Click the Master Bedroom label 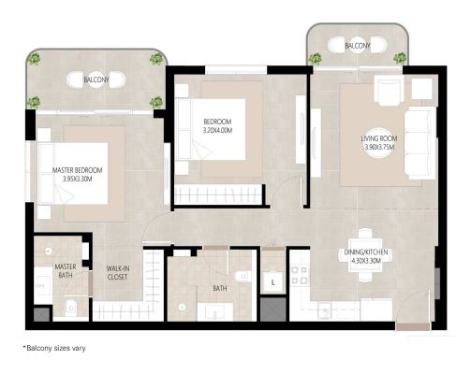tap(77, 170)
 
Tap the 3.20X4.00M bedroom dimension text tap(217, 131)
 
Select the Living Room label tap(379, 138)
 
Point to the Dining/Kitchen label tap(366, 252)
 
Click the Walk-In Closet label tap(117, 273)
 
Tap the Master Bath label tap(66, 271)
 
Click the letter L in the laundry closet tap(272, 282)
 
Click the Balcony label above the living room tap(358, 46)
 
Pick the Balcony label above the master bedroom tap(96, 79)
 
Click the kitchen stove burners tap(299, 275)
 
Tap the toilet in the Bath tap(243, 277)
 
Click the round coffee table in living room tap(378, 143)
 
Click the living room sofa tap(420, 143)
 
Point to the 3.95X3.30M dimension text tap(77, 179)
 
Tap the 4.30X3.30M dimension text tap(366, 261)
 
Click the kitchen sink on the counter tap(326, 310)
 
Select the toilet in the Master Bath tap(71, 308)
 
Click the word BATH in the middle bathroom tap(220, 288)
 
